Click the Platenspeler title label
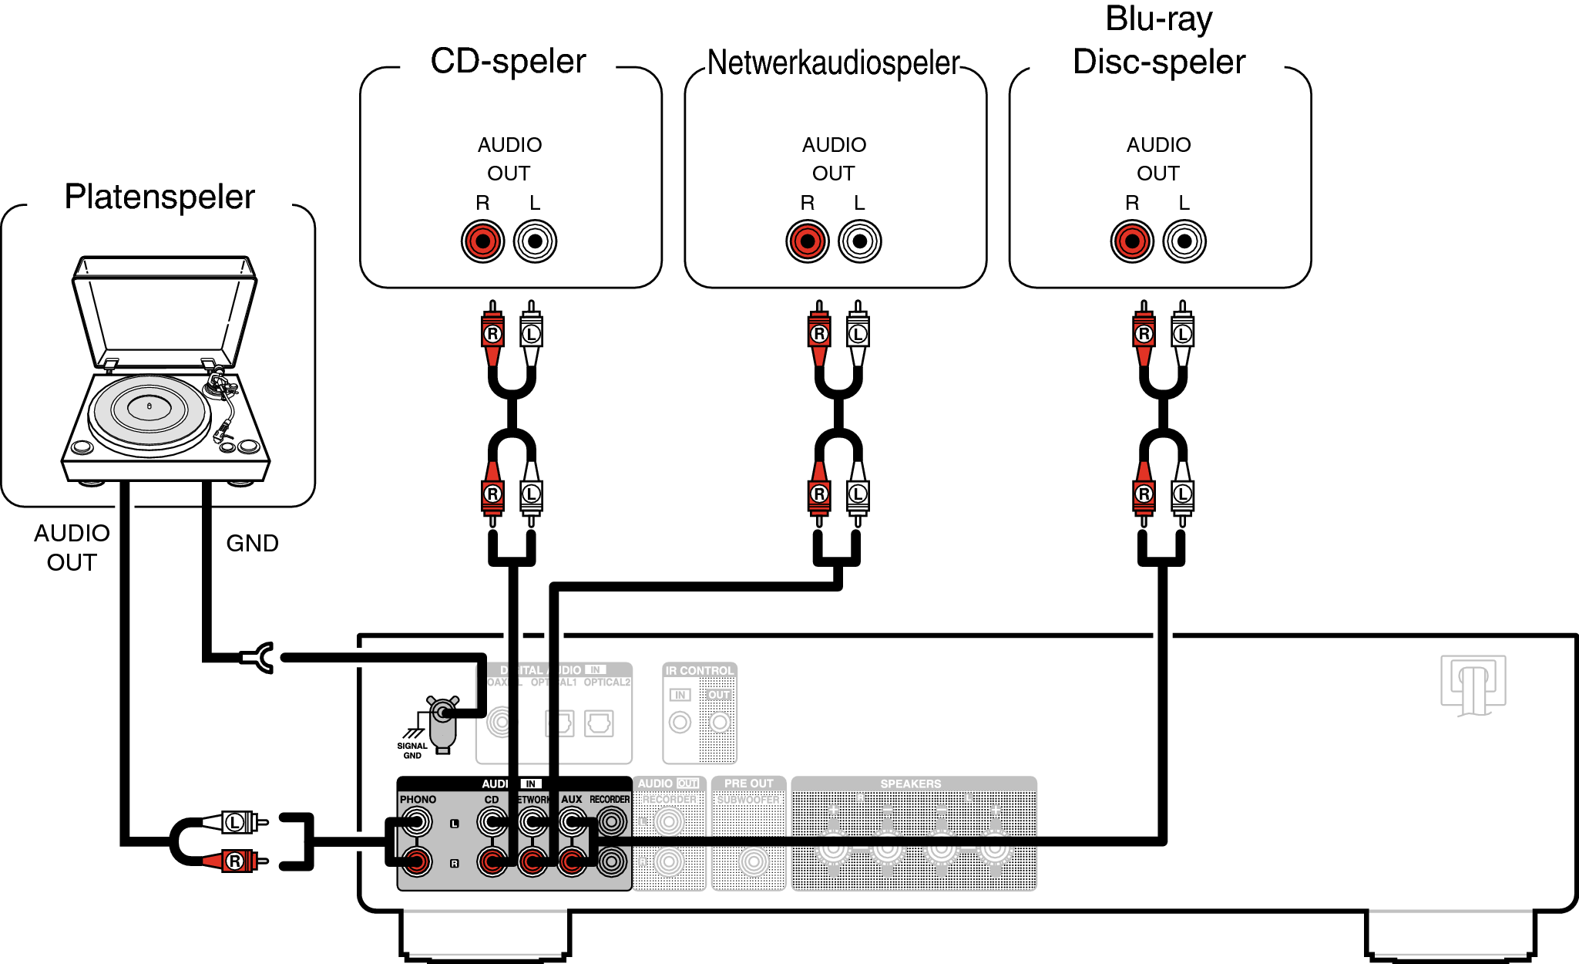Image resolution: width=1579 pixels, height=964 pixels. pyautogui.click(x=160, y=197)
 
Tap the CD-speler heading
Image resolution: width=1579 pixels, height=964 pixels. pyautogui.click(x=508, y=62)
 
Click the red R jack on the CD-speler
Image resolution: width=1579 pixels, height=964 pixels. pyautogui.click(x=482, y=241)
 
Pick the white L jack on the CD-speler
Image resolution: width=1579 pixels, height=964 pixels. pyautogui.click(x=535, y=241)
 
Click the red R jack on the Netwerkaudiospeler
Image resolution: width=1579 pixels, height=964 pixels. pyautogui.click(x=807, y=241)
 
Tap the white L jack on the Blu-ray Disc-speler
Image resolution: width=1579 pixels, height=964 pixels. pyautogui.click(x=1184, y=241)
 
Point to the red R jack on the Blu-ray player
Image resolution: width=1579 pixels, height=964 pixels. pyautogui.click(x=1132, y=241)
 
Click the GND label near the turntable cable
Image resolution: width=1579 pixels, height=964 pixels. pyautogui.click(x=252, y=544)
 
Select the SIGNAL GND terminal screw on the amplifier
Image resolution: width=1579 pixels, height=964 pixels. pyautogui.click(x=442, y=713)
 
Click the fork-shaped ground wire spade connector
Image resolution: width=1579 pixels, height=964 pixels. pyautogui.click(x=260, y=658)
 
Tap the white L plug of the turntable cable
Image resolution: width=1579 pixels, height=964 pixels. pyautogui.click(x=238, y=822)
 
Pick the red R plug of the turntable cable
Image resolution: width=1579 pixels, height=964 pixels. pyautogui.click(x=238, y=861)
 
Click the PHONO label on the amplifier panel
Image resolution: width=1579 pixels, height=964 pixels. pyautogui.click(x=418, y=800)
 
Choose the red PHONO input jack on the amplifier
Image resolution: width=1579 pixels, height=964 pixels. pyautogui.click(x=417, y=861)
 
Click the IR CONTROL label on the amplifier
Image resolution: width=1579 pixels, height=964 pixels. pyautogui.click(x=700, y=671)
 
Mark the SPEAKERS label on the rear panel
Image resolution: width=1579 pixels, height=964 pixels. pyautogui.click(x=910, y=784)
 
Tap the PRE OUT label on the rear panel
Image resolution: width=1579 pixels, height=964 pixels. pyautogui.click(x=748, y=784)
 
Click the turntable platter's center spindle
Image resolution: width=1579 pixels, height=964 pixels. pyautogui.click(x=150, y=406)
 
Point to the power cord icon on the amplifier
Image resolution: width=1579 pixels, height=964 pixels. pyautogui.click(x=1473, y=685)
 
